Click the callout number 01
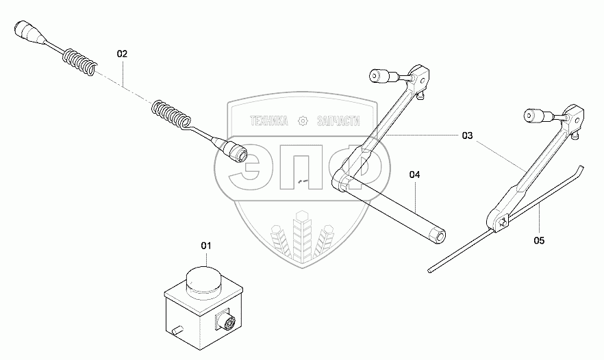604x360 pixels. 207,244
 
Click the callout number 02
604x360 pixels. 122,53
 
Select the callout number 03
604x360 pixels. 467,136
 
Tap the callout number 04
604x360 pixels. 414,175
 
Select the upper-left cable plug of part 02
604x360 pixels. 28,31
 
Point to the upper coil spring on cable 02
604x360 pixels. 79,60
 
